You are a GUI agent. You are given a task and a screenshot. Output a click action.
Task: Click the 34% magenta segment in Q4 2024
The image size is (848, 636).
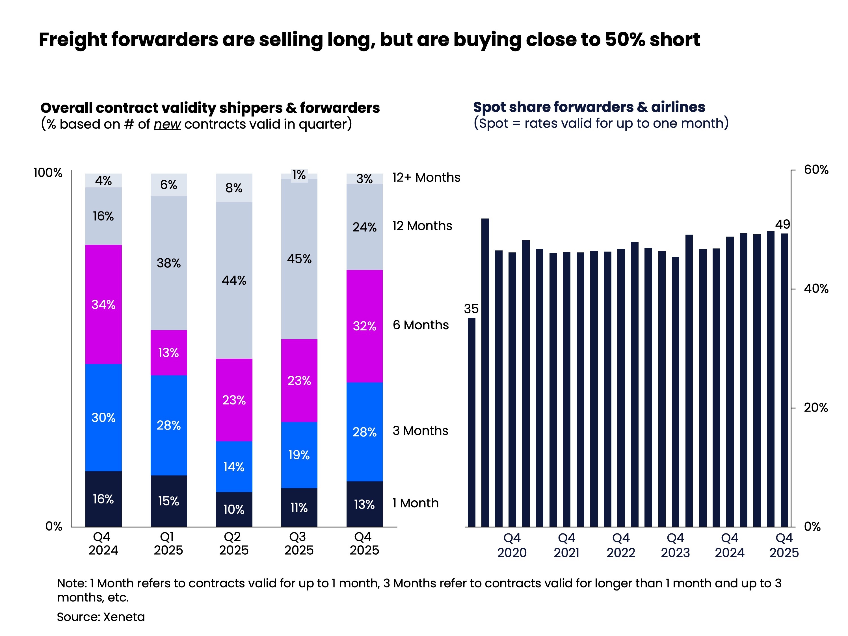(x=103, y=304)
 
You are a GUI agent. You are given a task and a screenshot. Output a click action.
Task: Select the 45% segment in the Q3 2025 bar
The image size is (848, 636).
(x=299, y=259)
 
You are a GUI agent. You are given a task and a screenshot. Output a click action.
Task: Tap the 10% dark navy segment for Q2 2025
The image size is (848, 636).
(x=234, y=509)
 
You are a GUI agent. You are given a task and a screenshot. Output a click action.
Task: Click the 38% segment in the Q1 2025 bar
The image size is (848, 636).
(x=169, y=263)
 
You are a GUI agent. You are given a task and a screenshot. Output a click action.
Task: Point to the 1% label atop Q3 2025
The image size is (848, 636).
(x=299, y=175)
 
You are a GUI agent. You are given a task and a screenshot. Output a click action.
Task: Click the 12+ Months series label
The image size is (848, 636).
(x=426, y=178)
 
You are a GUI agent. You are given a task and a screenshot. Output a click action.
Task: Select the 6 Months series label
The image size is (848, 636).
(x=421, y=325)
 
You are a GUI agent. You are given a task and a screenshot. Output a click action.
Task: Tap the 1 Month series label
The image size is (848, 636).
(x=415, y=503)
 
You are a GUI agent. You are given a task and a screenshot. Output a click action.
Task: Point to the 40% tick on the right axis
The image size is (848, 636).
(x=816, y=289)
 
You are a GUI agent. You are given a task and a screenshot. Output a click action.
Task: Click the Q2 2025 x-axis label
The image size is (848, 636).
(x=233, y=543)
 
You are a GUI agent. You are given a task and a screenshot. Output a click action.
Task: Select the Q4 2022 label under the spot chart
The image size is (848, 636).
(x=621, y=545)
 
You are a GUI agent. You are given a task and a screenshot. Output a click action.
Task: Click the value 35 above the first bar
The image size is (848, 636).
(x=471, y=309)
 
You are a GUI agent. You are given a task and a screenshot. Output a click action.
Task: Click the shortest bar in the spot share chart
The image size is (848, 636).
(x=471, y=422)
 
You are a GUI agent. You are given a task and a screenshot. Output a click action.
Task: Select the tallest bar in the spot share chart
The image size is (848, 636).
(x=485, y=372)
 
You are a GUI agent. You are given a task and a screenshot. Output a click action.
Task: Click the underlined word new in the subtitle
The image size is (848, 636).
(x=167, y=124)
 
